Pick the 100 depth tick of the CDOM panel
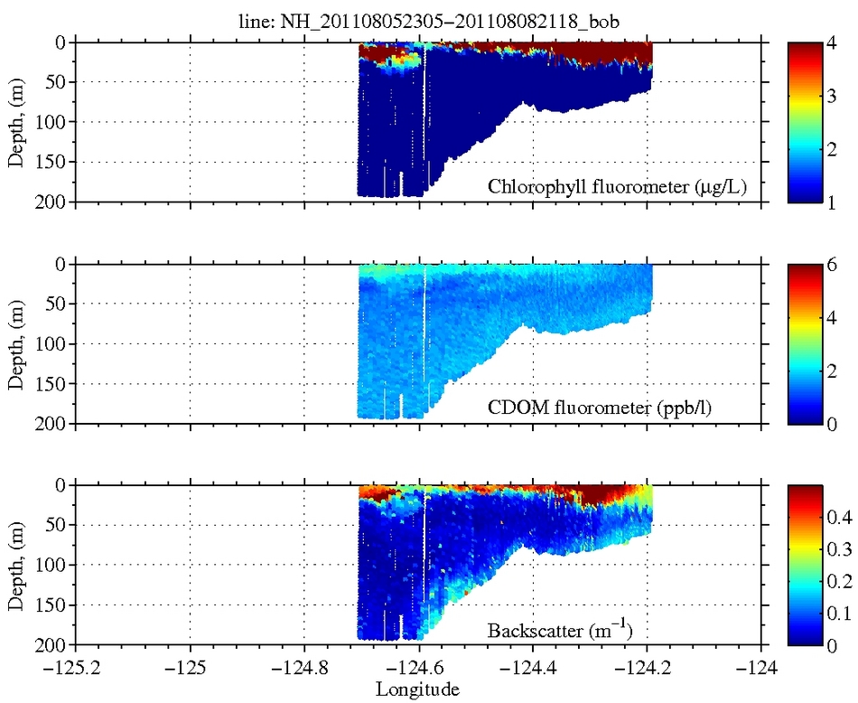[x=51, y=343]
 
